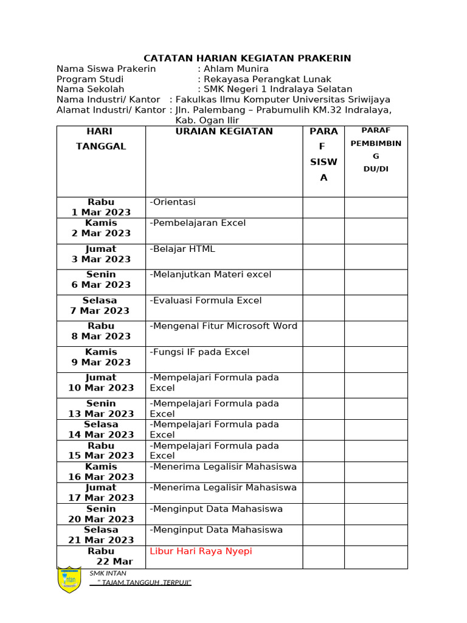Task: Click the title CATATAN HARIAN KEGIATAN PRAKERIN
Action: pyautogui.click(x=247, y=58)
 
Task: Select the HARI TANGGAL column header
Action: pyautogui.click(x=101, y=139)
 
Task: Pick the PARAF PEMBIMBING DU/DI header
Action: pyautogui.click(x=376, y=149)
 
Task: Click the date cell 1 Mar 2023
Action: pyautogui.click(x=101, y=212)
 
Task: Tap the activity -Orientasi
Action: pyautogui.click(x=173, y=202)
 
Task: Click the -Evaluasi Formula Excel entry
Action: pyautogui.click(x=206, y=301)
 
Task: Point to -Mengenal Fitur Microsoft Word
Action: pyautogui.click(x=223, y=326)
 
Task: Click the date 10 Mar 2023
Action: pyautogui.click(x=101, y=388)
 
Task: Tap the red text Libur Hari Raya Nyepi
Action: pyautogui.click(x=201, y=551)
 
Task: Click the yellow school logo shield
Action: pyautogui.click(x=69, y=580)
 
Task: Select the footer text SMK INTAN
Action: pyautogui.click(x=108, y=573)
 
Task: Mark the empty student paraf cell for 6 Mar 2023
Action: pyautogui.click(x=323, y=282)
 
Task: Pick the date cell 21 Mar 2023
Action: pyautogui.click(x=101, y=540)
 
